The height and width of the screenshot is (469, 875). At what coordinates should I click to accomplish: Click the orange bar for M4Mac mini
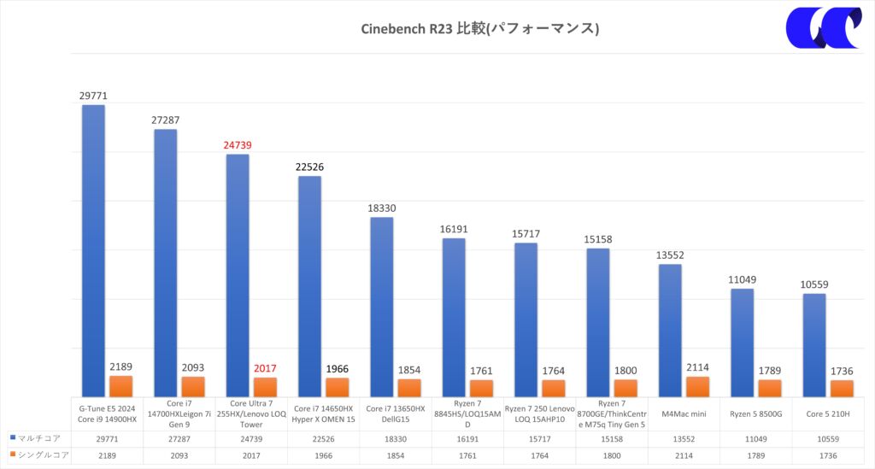697,387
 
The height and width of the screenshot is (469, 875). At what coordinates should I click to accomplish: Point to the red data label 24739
237,145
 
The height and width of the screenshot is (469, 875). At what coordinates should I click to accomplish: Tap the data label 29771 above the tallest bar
93,97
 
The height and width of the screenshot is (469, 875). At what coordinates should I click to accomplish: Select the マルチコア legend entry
35,437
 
